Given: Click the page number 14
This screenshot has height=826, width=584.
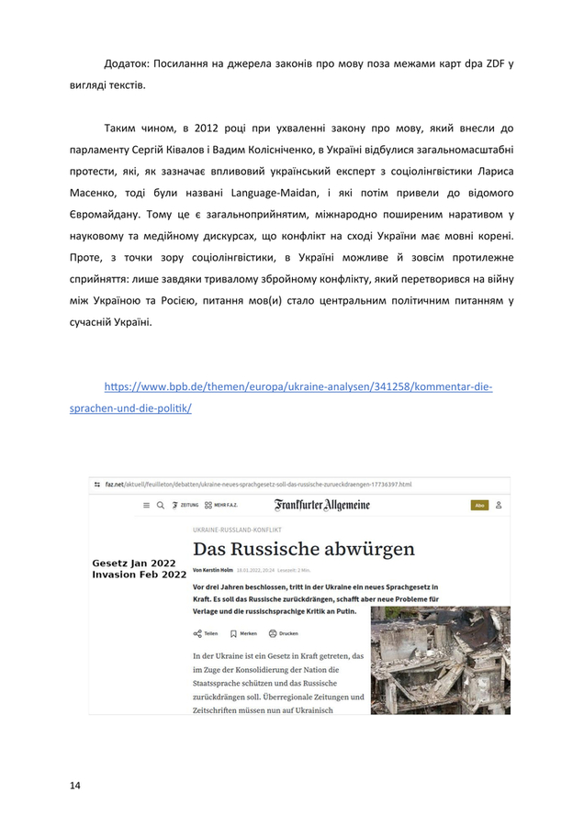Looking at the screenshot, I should click(75, 785).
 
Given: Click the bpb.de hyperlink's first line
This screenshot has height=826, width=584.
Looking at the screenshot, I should click(298, 386).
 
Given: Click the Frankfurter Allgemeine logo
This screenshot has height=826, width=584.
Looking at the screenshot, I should click(321, 505).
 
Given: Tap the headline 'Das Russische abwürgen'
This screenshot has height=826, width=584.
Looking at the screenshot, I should click(303, 549).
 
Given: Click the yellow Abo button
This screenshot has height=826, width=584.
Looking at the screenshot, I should click(478, 505).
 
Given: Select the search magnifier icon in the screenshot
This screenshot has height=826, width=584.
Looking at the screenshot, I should click(161, 505).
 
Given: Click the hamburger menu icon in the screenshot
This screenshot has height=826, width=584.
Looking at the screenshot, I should click(145, 505).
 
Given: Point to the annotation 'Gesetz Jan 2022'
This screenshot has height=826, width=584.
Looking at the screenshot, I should click(135, 563).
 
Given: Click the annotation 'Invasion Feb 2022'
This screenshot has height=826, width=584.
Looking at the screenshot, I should click(140, 575).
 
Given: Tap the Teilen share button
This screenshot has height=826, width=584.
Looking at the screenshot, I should click(206, 633).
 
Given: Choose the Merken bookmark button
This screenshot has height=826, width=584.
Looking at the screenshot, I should click(243, 633).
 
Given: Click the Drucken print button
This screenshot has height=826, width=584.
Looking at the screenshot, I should click(283, 633).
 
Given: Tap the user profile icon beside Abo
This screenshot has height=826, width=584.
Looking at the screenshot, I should click(499, 505).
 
